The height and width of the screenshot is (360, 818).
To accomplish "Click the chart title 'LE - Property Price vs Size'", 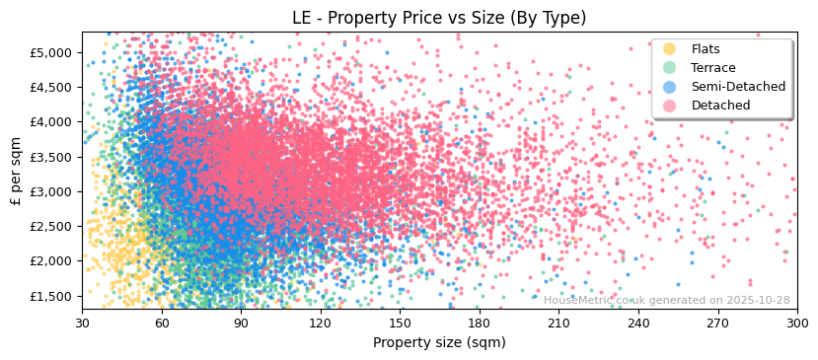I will (x=439, y=18).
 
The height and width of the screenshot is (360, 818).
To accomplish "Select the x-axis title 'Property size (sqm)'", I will (x=439, y=342).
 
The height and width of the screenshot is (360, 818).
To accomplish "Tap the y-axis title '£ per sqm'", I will (x=16, y=171).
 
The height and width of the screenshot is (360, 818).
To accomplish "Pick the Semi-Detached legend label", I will (x=738, y=87).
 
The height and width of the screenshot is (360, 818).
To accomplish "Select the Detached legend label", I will (x=721, y=106).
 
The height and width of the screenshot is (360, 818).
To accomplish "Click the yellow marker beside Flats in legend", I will (x=670, y=49).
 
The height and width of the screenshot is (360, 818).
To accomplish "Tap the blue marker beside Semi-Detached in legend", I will (x=670, y=87).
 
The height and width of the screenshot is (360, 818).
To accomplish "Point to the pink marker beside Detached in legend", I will (x=670, y=106).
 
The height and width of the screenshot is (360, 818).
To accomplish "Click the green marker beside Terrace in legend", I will (x=670, y=68).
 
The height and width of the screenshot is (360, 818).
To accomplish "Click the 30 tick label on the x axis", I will (x=82, y=323).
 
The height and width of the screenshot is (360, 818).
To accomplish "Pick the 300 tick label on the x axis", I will (x=796, y=323).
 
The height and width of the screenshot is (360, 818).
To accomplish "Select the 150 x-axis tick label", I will (x=400, y=323).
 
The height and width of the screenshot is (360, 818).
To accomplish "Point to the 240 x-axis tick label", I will (x=637, y=323).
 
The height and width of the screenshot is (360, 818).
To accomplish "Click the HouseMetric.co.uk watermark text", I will (x=666, y=301).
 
